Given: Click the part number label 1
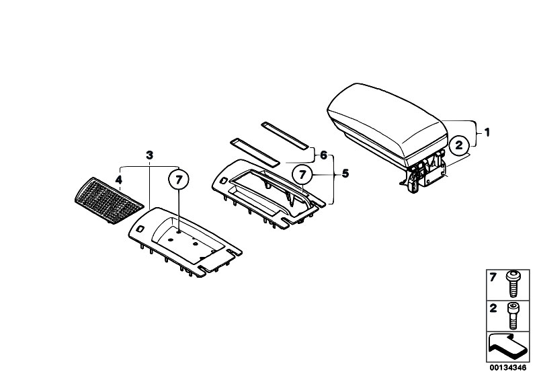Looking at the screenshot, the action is [x=487, y=132].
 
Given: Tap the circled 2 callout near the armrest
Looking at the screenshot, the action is [x=459, y=145].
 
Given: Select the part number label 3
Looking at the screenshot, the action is [x=150, y=155].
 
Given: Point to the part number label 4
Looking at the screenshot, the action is [x=118, y=180].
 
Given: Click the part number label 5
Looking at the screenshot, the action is [x=345, y=174].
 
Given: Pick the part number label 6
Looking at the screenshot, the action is [x=324, y=155].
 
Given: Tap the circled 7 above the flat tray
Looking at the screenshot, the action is [x=179, y=179].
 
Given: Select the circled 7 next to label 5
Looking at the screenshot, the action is [x=302, y=175].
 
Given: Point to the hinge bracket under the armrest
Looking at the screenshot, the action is [x=424, y=172].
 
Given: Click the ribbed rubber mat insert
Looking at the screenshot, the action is [x=109, y=200].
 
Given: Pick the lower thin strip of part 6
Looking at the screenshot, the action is [x=255, y=152].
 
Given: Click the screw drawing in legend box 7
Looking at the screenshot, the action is [x=513, y=284].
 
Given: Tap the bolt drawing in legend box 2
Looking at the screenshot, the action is [x=513, y=316].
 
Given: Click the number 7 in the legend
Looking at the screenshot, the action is [x=493, y=277].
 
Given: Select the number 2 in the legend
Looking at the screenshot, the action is [x=493, y=309].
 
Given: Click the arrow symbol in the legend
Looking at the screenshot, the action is [x=505, y=347].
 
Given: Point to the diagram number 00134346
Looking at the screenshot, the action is [x=508, y=368].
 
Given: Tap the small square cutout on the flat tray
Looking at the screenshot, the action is [x=140, y=228].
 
